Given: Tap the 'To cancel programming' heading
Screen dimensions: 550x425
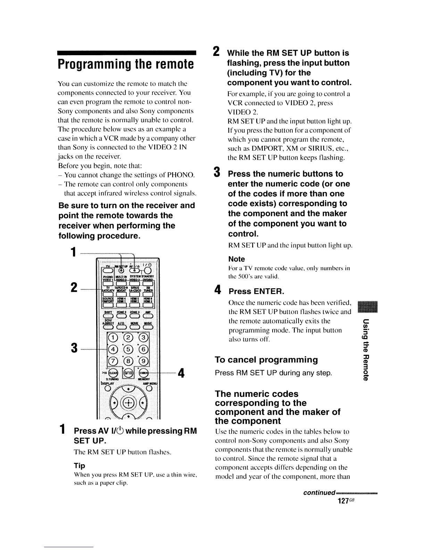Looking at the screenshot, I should [x=266, y=360].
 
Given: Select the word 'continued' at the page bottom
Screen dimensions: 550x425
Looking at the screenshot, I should [x=319, y=493].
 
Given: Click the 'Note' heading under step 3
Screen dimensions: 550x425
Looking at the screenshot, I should [x=236, y=259].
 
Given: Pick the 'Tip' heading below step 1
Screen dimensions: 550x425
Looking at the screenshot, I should [x=80, y=466].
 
